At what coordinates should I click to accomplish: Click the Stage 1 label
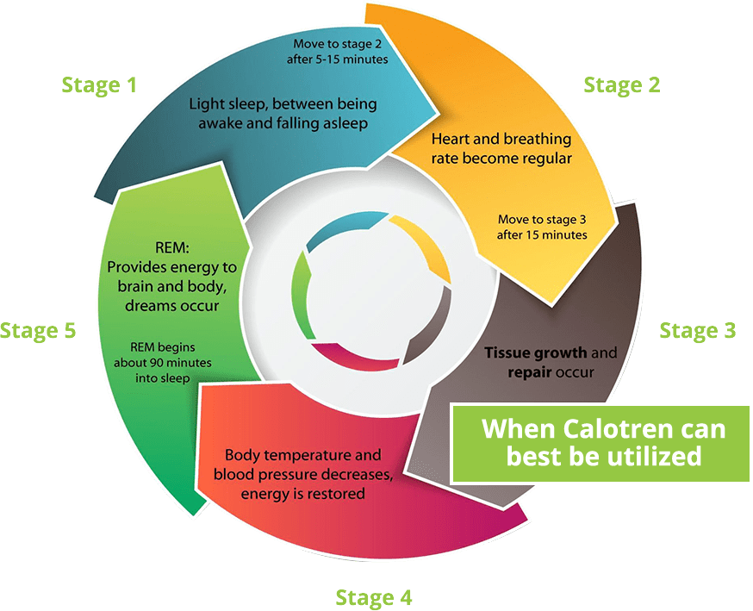(100, 84)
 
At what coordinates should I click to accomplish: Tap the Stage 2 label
(621, 84)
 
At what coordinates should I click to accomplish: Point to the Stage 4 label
(373, 596)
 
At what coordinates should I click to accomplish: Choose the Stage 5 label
(38, 330)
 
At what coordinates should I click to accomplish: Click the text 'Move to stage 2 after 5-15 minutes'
(338, 52)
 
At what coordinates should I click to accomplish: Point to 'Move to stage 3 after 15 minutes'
(543, 227)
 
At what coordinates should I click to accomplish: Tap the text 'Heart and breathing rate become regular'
(501, 147)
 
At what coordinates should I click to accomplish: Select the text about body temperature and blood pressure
(303, 474)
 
